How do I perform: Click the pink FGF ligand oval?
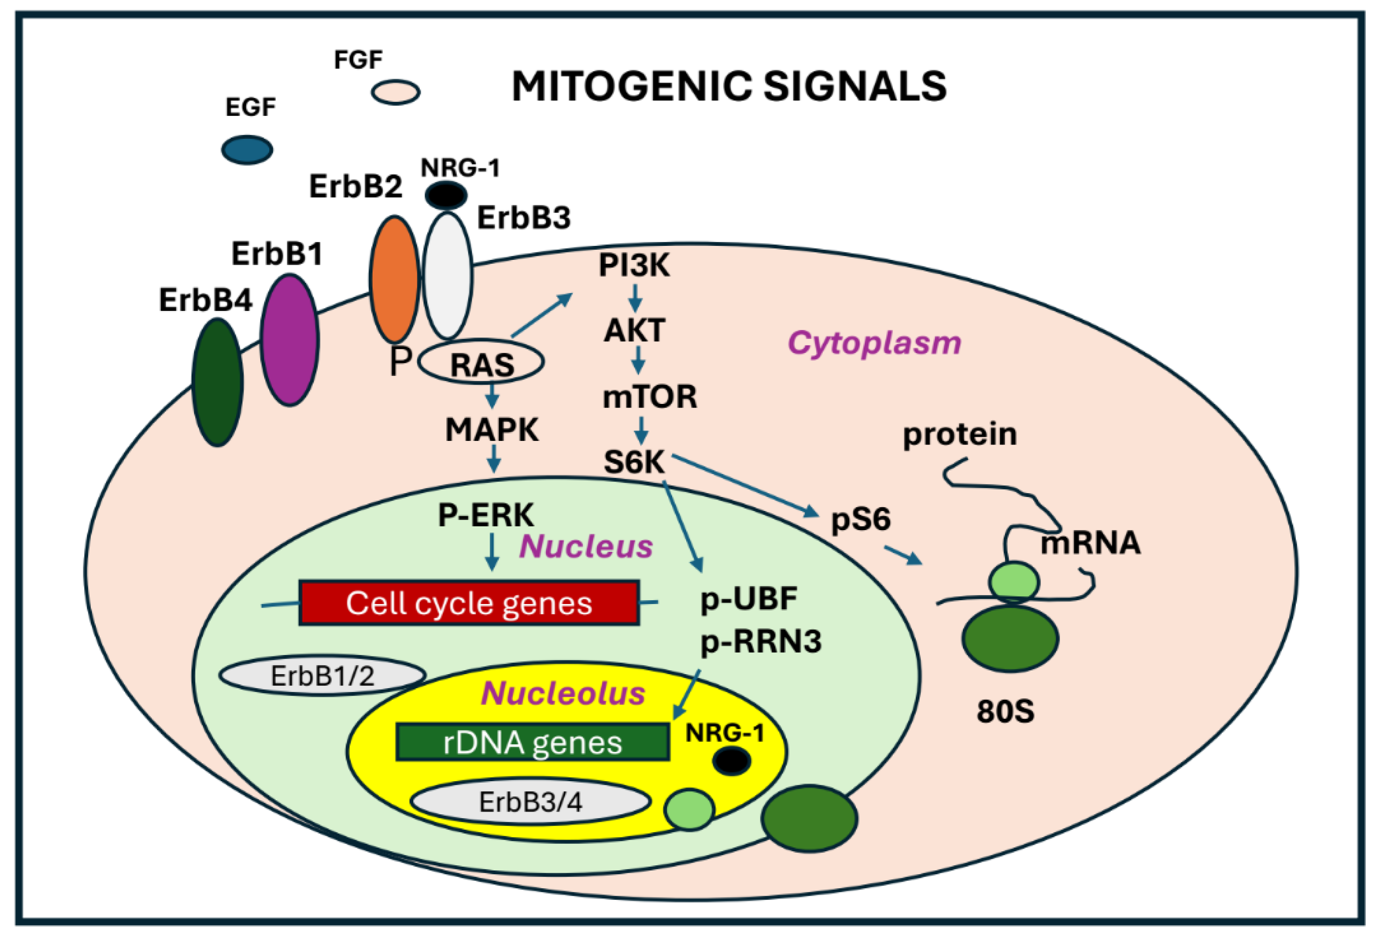395,92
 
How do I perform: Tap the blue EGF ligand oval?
247,150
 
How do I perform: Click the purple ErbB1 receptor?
289,340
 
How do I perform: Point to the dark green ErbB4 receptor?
218,382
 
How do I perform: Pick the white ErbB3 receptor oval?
448,276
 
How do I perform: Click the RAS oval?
481,362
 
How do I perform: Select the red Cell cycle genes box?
468,603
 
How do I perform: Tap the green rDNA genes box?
532,742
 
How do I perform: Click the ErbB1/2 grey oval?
322,676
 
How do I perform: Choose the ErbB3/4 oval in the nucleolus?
530,802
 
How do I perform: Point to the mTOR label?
650,397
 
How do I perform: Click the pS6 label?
861,519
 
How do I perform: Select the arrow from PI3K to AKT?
635,298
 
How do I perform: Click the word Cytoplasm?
874,343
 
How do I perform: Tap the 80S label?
1005,711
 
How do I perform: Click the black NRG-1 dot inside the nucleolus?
731,761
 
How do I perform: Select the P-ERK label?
486,515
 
